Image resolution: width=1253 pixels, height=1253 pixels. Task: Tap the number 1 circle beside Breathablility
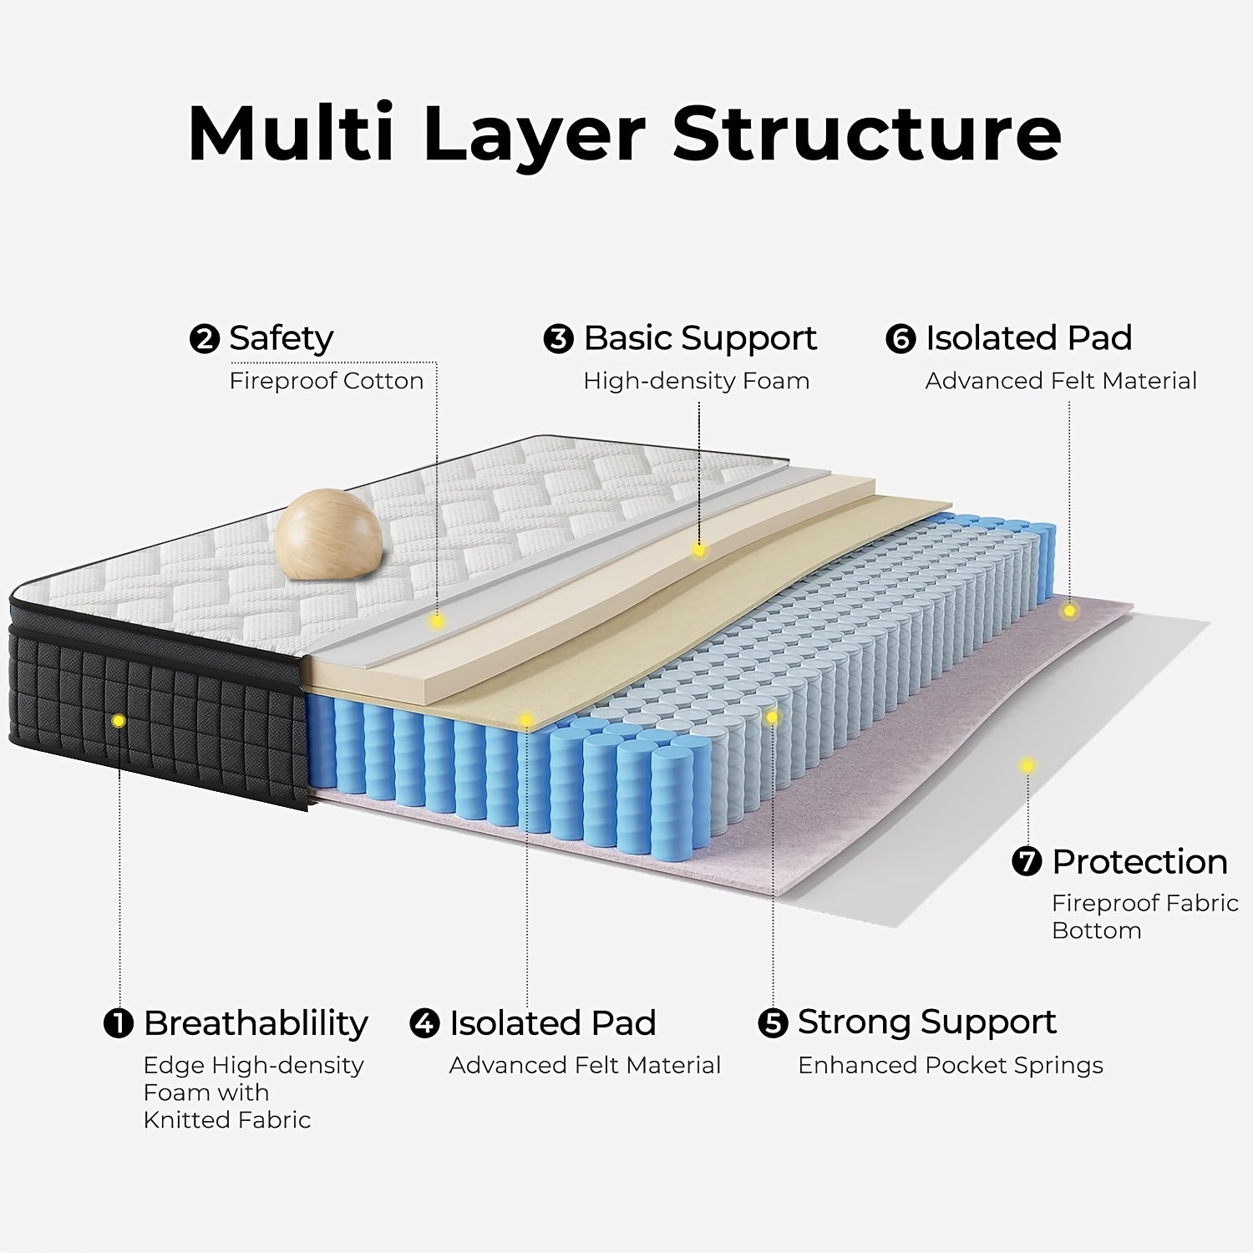click(119, 1023)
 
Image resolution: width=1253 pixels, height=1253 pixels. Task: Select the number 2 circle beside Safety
click(204, 339)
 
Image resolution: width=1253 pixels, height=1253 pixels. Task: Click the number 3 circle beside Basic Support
click(558, 339)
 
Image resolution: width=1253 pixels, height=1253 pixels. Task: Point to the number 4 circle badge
click(424, 1023)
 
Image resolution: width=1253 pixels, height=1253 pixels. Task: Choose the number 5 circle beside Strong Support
click(773, 1023)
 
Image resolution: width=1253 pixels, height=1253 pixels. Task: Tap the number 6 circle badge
click(900, 339)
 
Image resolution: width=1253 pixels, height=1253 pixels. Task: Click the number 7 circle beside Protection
click(1027, 861)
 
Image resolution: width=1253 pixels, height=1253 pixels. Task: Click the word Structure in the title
click(867, 134)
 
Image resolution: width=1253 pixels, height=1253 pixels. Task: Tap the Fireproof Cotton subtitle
click(327, 381)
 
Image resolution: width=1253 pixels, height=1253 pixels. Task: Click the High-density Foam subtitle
click(696, 381)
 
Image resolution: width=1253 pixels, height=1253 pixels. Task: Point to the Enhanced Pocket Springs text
click(950, 1065)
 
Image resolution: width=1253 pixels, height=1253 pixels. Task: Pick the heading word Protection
click(1139, 861)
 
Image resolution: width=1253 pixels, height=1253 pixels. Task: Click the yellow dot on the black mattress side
click(119, 720)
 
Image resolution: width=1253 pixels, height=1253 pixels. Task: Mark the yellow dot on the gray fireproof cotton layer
click(436, 621)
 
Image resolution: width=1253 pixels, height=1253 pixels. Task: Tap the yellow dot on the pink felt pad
click(1069, 611)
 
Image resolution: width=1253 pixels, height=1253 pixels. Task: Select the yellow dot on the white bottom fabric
click(1027, 765)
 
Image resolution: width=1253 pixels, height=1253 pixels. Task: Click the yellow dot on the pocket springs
click(772, 717)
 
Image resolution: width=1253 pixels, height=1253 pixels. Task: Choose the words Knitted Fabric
click(226, 1119)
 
